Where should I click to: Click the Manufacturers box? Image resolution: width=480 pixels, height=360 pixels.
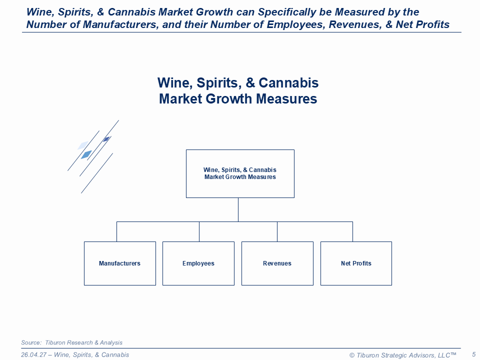pos(119,263)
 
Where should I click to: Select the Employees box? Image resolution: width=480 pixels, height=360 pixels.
pos(198,263)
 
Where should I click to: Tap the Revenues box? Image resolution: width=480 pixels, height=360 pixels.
pos(277,263)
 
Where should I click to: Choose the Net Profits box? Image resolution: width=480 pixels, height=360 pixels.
pos(356,263)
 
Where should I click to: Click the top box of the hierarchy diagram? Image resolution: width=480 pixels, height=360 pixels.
pos(240,173)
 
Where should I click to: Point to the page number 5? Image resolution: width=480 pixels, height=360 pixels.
pos(474,354)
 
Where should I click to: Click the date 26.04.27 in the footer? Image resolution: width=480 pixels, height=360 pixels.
pos(33,355)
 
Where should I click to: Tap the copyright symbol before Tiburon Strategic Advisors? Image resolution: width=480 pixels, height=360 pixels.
pos(352,355)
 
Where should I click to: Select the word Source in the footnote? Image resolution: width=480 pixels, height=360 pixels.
pos(31,342)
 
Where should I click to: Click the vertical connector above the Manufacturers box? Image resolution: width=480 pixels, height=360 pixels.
pos(116,231)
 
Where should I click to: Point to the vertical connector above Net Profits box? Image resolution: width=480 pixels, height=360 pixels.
pos(352,231)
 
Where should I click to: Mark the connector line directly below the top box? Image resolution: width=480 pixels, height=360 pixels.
pos(238,209)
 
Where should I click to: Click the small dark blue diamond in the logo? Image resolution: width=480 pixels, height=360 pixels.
pos(106,139)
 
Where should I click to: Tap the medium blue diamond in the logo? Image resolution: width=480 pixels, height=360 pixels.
pos(86,154)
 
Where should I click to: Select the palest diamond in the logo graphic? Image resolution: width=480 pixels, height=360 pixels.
pos(83,145)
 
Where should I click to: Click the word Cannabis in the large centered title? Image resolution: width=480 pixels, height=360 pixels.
pos(288,82)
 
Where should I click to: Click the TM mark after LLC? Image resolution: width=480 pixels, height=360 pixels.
pos(453,353)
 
